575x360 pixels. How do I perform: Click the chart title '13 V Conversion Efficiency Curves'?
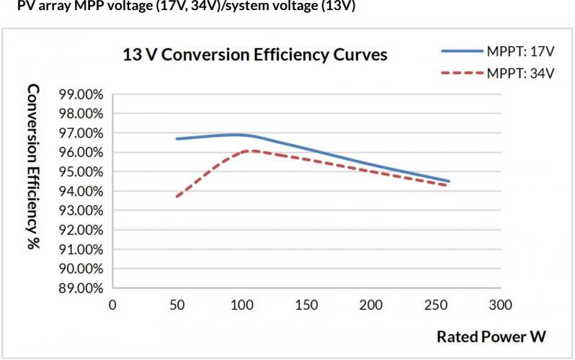coord(255,55)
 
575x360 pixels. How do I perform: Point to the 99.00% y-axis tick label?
coord(81,94)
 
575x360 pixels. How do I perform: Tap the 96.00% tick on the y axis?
coord(81,153)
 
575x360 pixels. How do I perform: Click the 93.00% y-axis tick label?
coord(81,210)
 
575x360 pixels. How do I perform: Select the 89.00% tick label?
coord(81,288)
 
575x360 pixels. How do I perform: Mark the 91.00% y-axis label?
coord(81,249)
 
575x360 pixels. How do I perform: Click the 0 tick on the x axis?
coord(112,305)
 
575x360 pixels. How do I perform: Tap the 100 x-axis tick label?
coord(242,305)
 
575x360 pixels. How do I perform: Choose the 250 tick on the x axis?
coord(436,305)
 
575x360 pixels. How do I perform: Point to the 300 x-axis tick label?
coord(501,305)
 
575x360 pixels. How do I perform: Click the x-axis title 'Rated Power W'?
coord(491,336)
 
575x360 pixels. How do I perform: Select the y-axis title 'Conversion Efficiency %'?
coord(33,167)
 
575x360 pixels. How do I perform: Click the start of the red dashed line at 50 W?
coord(177,197)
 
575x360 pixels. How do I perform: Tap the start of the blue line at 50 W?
coord(177,138)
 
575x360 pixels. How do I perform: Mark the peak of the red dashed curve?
coord(253,150)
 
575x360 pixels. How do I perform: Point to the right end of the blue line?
coord(448,181)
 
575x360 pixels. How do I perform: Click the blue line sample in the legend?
coord(463,51)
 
